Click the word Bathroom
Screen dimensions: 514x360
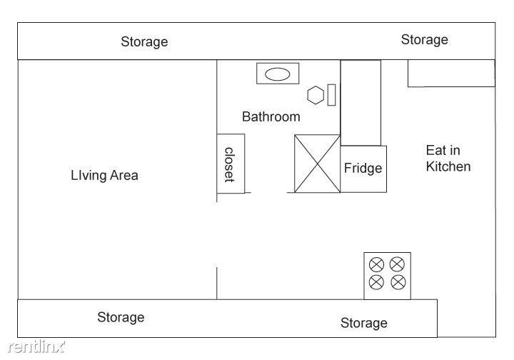click(x=271, y=116)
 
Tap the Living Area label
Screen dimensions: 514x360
click(x=104, y=176)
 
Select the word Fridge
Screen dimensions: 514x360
click(x=363, y=169)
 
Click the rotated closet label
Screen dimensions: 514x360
click(x=229, y=164)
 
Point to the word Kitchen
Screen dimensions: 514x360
click(x=448, y=166)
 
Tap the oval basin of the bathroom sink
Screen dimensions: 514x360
click(x=277, y=74)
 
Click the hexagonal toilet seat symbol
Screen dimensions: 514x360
click(x=316, y=95)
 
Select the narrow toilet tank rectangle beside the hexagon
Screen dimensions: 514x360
click(x=331, y=95)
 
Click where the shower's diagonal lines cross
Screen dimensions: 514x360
click(x=317, y=164)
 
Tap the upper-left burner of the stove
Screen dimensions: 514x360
click(x=376, y=264)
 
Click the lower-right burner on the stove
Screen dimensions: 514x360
click(x=398, y=282)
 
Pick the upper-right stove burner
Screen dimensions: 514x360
click(x=397, y=264)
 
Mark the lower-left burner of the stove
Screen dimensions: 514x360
click(x=377, y=282)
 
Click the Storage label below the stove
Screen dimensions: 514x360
click(x=364, y=324)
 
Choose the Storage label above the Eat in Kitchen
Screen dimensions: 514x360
click(x=425, y=40)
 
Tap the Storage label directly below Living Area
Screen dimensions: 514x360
click(x=121, y=317)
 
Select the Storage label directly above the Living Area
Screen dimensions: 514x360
click(x=144, y=42)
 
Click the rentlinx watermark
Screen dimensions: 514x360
click(x=36, y=347)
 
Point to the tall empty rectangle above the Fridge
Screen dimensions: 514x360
click(x=361, y=103)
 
